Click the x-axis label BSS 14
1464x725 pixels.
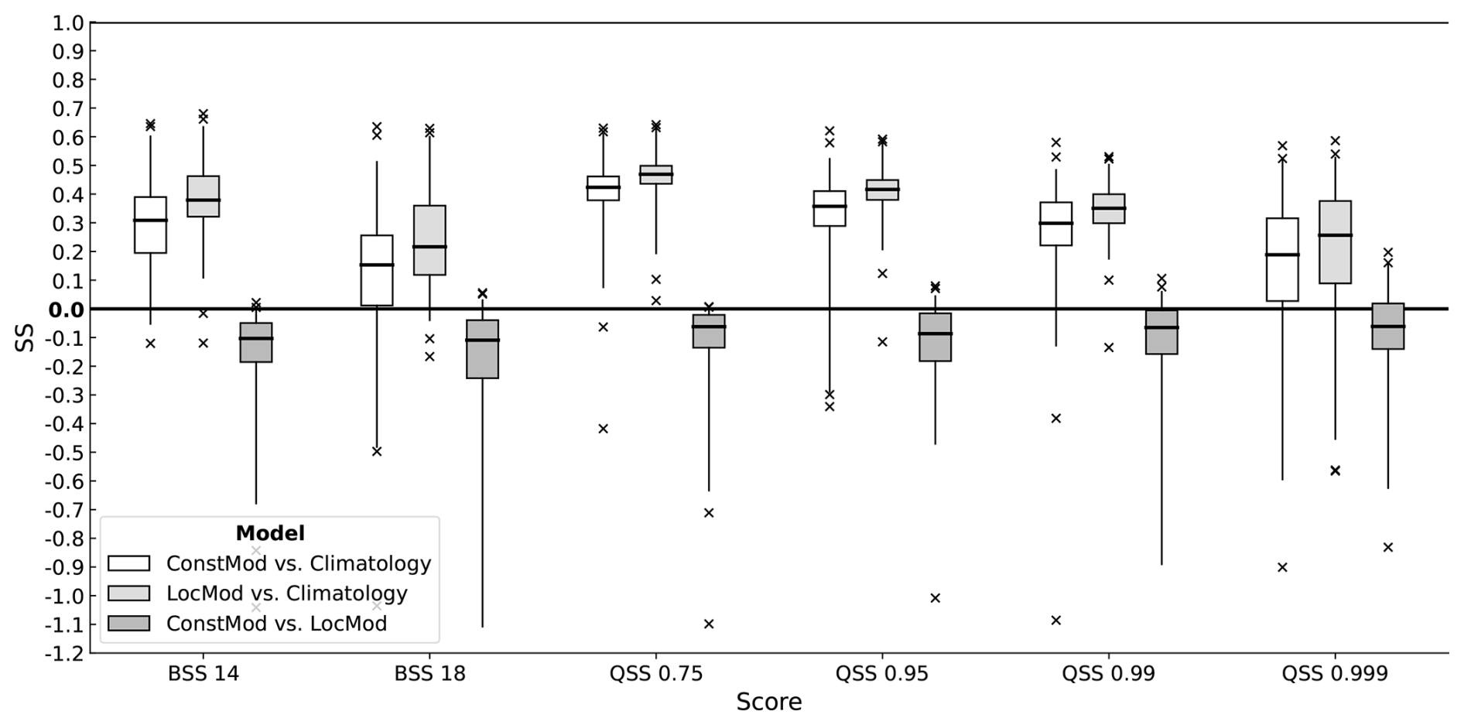pyautogui.click(x=203, y=674)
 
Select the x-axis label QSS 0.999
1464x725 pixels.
pyautogui.click(x=1334, y=674)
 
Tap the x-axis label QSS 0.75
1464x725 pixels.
pyautogui.click(x=655, y=674)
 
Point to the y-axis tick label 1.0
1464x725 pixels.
pyautogui.click(x=67, y=23)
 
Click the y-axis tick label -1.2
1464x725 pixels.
pyautogui.click(x=64, y=653)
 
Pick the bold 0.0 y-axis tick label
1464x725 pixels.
pyautogui.click(x=66, y=310)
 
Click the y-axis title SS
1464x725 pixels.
pyautogui.click(x=25, y=338)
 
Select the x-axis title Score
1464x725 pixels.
pyautogui.click(x=768, y=702)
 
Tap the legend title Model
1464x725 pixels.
pyautogui.click(x=269, y=533)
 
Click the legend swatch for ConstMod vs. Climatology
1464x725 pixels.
pyautogui.click(x=128, y=563)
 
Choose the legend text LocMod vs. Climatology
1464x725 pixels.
pyautogui.click(x=286, y=593)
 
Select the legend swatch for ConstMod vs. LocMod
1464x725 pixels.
pyautogui.click(x=128, y=624)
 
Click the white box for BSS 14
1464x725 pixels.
pyautogui.click(x=150, y=225)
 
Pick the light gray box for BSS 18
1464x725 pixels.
pyautogui.click(x=429, y=240)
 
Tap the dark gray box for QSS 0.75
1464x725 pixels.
pyautogui.click(x=709, y=331)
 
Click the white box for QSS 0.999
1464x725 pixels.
pyautogui.click(x=1282, y=259)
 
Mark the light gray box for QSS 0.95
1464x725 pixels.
pyautogui.click(x=882, y=190)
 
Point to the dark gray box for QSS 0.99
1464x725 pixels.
pyautogui.click(x=1161, y=332)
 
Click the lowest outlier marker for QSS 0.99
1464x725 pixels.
pyautogui.click(x=1055, y=620)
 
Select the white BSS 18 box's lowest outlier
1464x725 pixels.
pyautogui.click(x=377, y=451)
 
